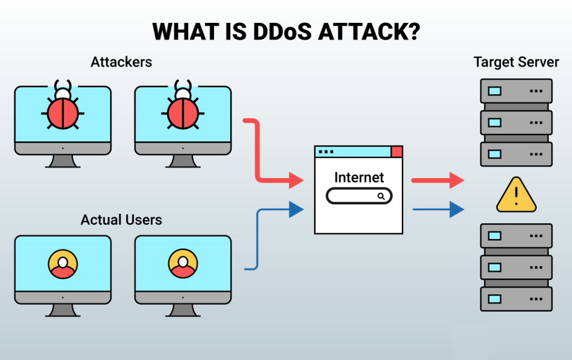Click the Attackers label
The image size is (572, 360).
[x=121, y=61]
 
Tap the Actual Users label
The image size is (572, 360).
[x=121, y=219]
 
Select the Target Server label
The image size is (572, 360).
[x=516, y=61]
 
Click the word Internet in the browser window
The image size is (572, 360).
[x=359, y=177]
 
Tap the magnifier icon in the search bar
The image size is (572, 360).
[x=382, y=196]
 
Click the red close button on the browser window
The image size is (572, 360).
[x=397, y=151]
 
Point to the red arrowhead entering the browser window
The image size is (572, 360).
[x=295, y=180]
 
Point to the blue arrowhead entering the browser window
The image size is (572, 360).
[x=295, y=209]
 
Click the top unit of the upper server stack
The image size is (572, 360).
[x=516, y=90]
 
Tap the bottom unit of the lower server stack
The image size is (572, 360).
[x=516, y=299]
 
